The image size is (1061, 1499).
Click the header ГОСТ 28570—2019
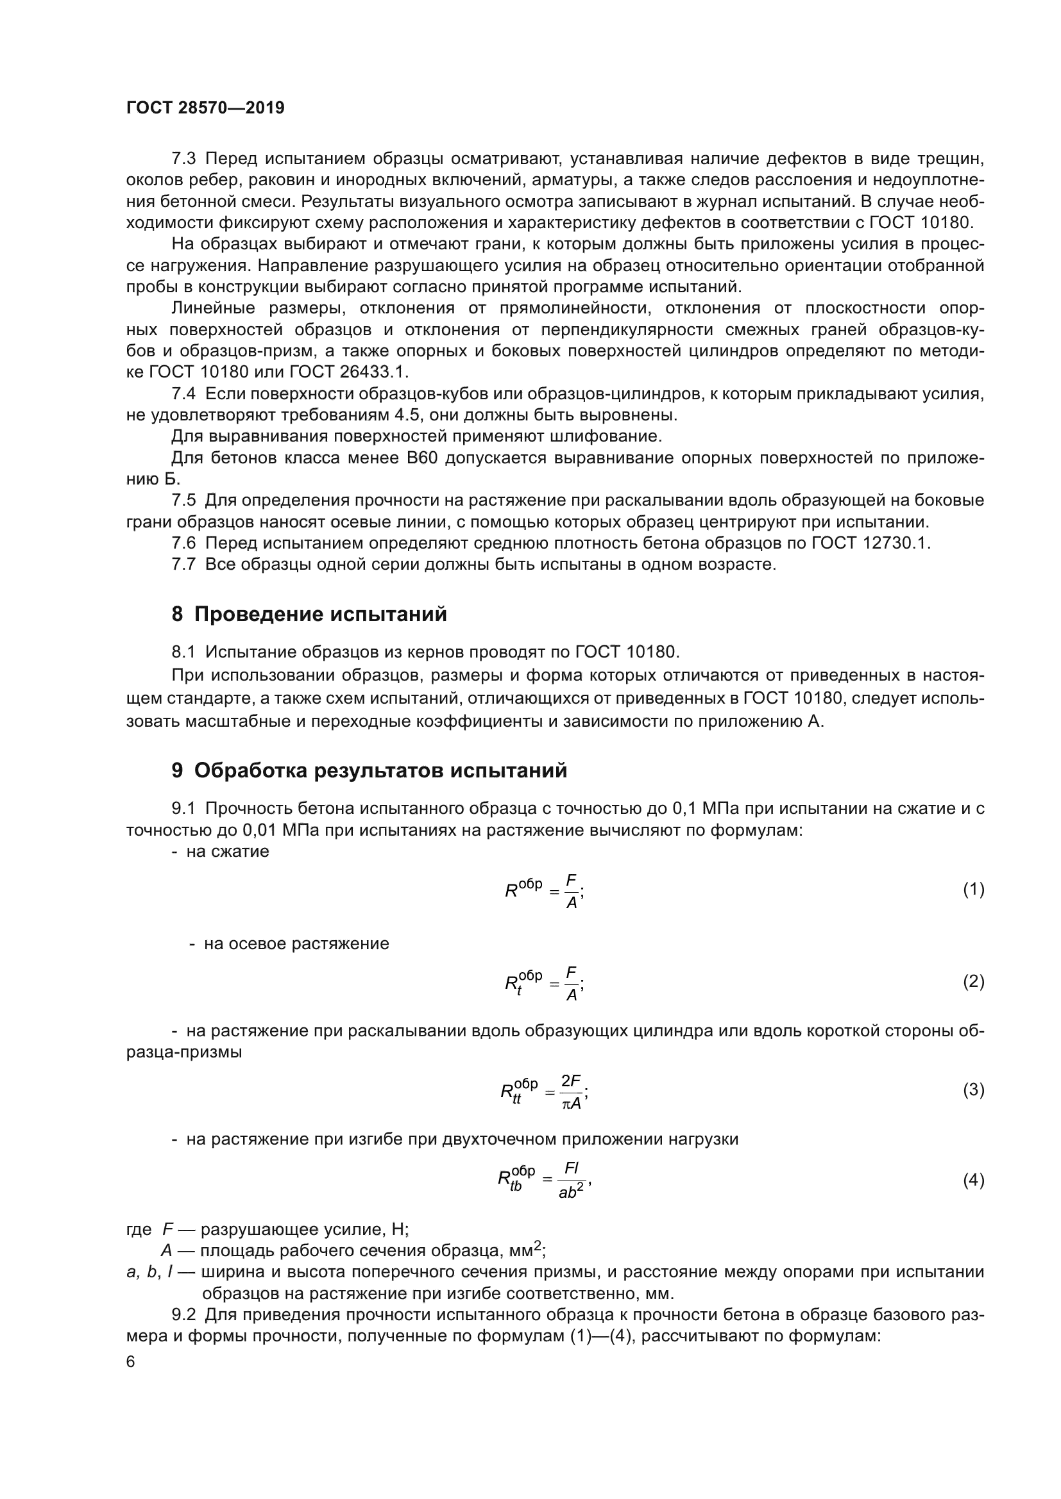point(205,108)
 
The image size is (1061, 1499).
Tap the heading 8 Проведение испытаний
point(309,615)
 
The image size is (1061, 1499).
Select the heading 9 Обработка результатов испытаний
point(369,770)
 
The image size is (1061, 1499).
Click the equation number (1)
point(973,890)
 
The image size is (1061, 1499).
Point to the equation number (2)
point(973,981)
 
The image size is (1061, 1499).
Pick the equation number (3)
point(973,1089)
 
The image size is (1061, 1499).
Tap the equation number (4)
point(973,1180)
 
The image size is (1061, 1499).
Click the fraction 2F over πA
point(571,1091)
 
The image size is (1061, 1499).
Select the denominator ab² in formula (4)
point(570,1191)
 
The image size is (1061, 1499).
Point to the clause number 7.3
point(183,159)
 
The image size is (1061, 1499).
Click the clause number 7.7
point(183,564)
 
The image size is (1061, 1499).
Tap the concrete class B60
point(421,458)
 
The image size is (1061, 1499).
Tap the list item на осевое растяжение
point(296,943)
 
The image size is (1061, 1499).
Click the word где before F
point(139,1229)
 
